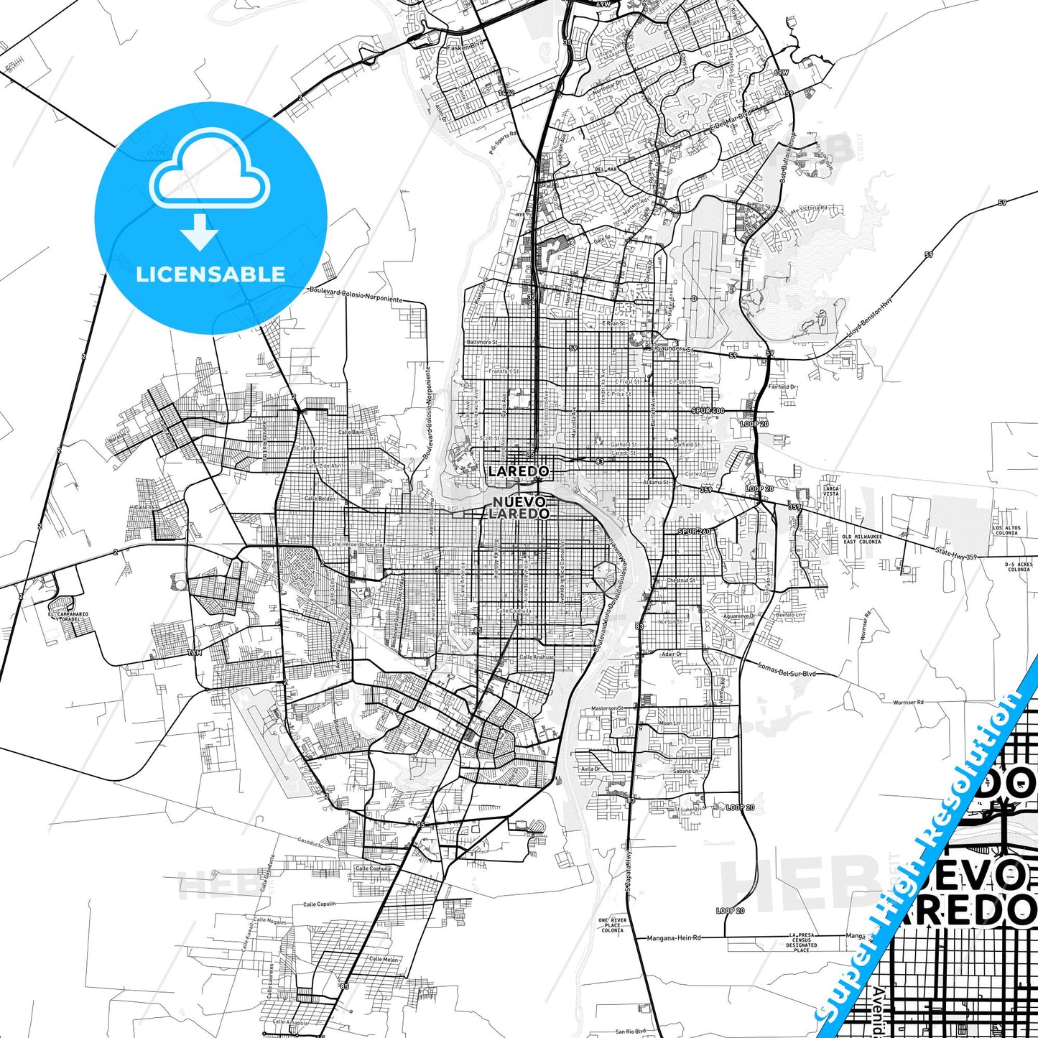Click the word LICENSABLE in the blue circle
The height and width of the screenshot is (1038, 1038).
[x=210, y=274]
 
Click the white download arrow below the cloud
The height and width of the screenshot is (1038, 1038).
[x=200, y=231]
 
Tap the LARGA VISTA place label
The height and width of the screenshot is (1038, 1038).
[x=830, y=491]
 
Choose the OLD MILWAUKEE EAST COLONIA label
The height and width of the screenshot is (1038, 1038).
[x=862, y=539]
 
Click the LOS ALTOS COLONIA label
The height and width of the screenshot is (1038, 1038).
[x=1006, y=530]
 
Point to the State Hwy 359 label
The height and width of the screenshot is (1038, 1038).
[x=955, y=553]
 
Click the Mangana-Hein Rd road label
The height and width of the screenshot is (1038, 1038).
[x=673, y=937]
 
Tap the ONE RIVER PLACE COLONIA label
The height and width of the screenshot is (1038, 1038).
[x=613, y=925]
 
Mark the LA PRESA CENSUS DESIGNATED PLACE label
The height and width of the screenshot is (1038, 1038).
[x=802, y=942]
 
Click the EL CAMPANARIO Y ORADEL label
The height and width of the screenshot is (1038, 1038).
[x=68, y=616]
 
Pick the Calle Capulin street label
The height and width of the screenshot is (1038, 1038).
[x=319, y=904]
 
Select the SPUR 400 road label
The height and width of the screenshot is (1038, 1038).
[x=708, y=410]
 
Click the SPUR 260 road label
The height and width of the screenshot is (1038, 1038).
[x=693, y=532]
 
